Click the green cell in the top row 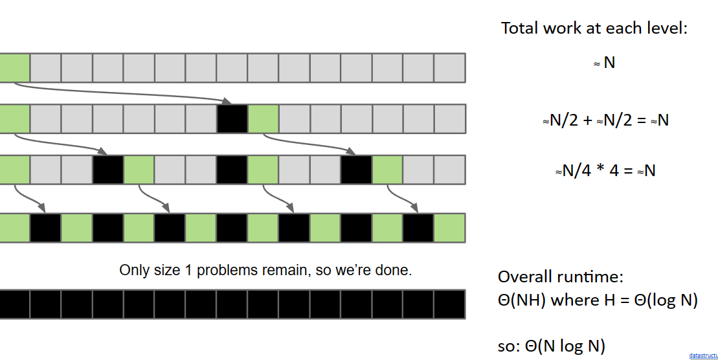point(14,68)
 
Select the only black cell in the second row point(232,118)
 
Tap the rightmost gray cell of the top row point(449,68)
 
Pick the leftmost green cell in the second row point(14,118)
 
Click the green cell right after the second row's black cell point(264,118)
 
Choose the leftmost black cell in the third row point(108,170)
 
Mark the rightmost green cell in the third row point(387,170)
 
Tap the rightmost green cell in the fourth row point(449,228)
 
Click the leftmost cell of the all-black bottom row point(14,304)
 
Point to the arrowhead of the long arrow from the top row point(227,101)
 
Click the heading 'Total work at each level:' point(594,28)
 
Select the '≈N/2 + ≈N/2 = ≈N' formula point(605,120)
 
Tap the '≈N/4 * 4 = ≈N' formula point(605,171)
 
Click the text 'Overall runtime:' point(560,277)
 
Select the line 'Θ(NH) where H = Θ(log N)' point(598,300)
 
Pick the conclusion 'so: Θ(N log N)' point(551,346)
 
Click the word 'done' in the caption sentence point(395,270)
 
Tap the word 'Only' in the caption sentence point(133,270)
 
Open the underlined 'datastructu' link point(703,355)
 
